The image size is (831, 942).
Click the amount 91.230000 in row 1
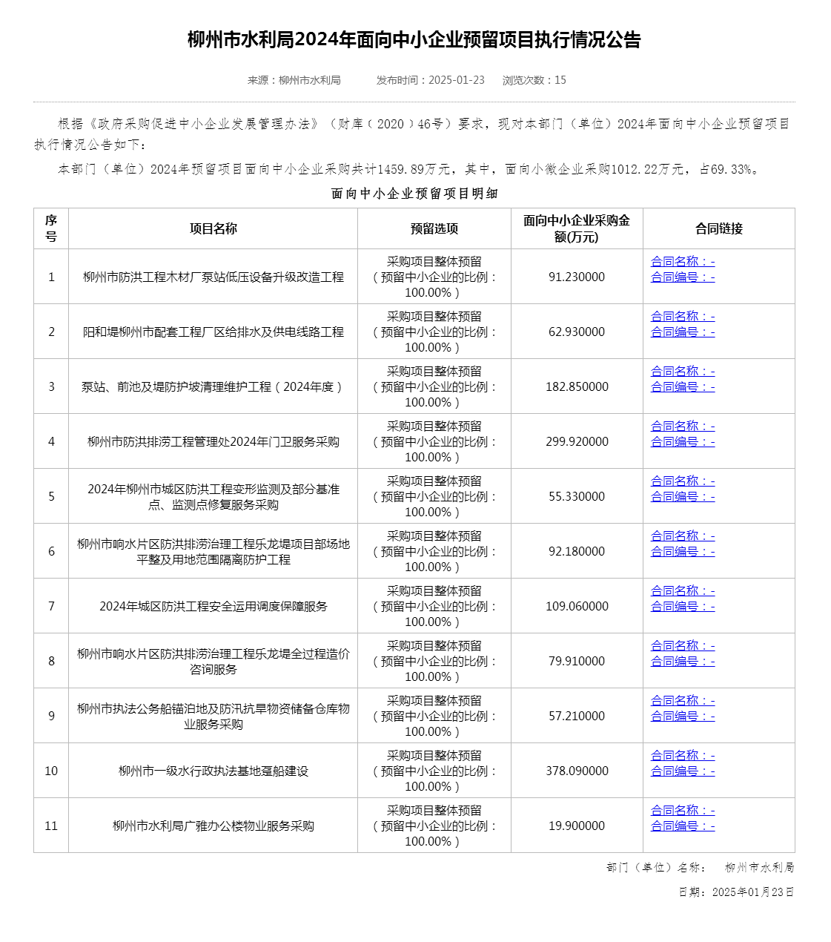577,277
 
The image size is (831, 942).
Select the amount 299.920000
577,441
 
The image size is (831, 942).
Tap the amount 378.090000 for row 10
577,771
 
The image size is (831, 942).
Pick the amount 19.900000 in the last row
577,826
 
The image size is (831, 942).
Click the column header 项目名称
213,228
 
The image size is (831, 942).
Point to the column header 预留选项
434,228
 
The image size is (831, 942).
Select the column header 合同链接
718,228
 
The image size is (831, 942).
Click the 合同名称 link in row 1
683,261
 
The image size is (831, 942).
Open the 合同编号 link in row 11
683,826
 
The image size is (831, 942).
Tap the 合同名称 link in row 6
683,536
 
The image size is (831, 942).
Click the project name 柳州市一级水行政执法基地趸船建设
213,771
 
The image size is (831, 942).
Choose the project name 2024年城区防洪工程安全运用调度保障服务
213,606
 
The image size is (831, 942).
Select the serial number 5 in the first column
51,496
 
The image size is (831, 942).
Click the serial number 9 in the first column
51,716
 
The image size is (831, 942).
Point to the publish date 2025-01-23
457,80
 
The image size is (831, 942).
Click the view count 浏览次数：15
534,80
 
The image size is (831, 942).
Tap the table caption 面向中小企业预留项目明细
414,194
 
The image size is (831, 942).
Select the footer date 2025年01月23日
752,892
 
